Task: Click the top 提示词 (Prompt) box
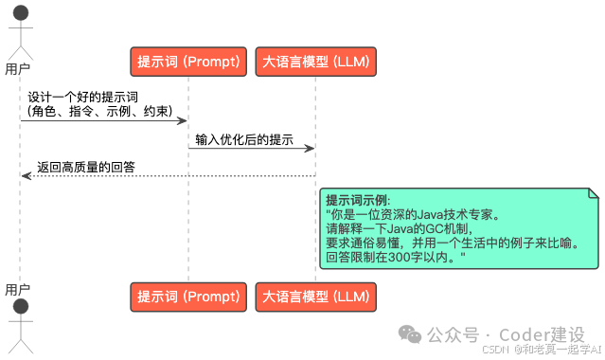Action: (188, 63)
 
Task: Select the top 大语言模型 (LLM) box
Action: (315, 63)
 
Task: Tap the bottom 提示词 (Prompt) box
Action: (188, 297)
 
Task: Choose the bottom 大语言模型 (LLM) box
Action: (315, 297)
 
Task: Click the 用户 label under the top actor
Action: (18, 69)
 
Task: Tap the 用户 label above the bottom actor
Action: (18, 288)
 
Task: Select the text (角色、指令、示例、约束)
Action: (99, 112)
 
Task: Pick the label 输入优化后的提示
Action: (244, 139)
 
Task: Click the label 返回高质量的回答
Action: (85, 167)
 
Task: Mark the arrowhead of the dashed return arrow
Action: (26, 176)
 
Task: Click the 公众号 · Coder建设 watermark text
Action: (504, 334)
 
